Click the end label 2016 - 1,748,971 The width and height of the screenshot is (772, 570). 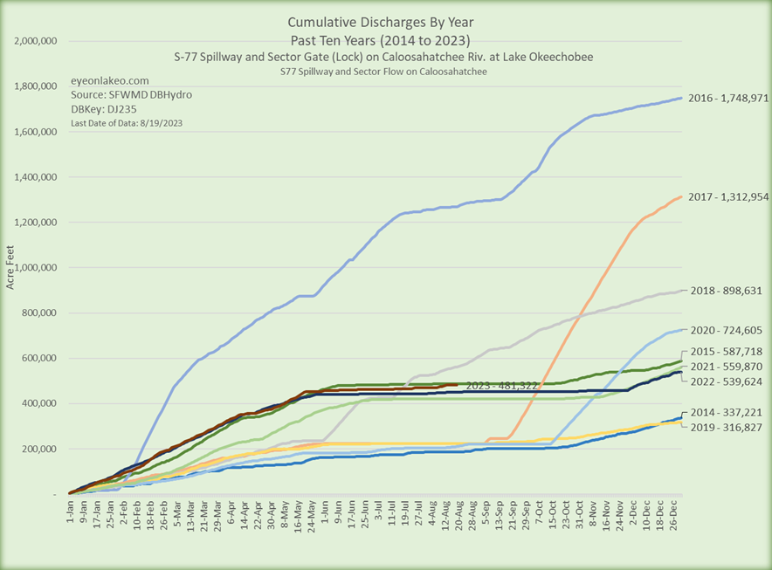point(727,98)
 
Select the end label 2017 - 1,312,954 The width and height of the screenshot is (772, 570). point(727,197)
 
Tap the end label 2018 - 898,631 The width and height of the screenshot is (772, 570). point(726,291)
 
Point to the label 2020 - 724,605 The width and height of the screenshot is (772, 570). point(726,331)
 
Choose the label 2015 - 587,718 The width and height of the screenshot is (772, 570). point(726,351)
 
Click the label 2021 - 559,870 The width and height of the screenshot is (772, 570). point(726,367)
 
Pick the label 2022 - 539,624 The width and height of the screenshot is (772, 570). point(726,382)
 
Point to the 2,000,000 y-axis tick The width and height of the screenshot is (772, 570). point(35,41)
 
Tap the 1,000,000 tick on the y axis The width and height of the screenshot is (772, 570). point(35,268)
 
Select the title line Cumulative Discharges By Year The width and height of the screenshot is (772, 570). point(386,24)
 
